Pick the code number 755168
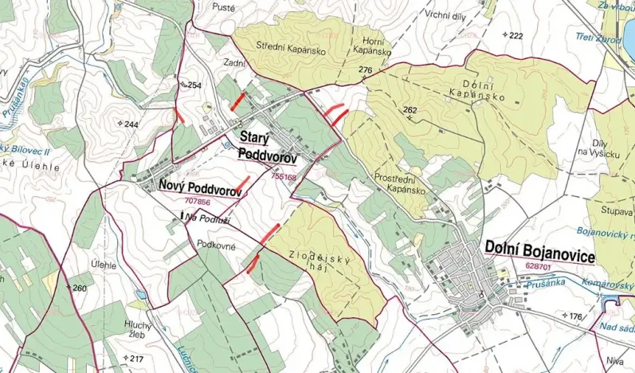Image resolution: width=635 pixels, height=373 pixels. point(284,177)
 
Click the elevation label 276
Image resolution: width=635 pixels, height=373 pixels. point(366,71)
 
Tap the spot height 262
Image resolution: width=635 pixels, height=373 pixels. point(410,110)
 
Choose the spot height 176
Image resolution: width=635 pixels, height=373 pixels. point(574,317)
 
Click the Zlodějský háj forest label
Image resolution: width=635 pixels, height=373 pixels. point(312,265)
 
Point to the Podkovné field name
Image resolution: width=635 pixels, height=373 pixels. point(217,246)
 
